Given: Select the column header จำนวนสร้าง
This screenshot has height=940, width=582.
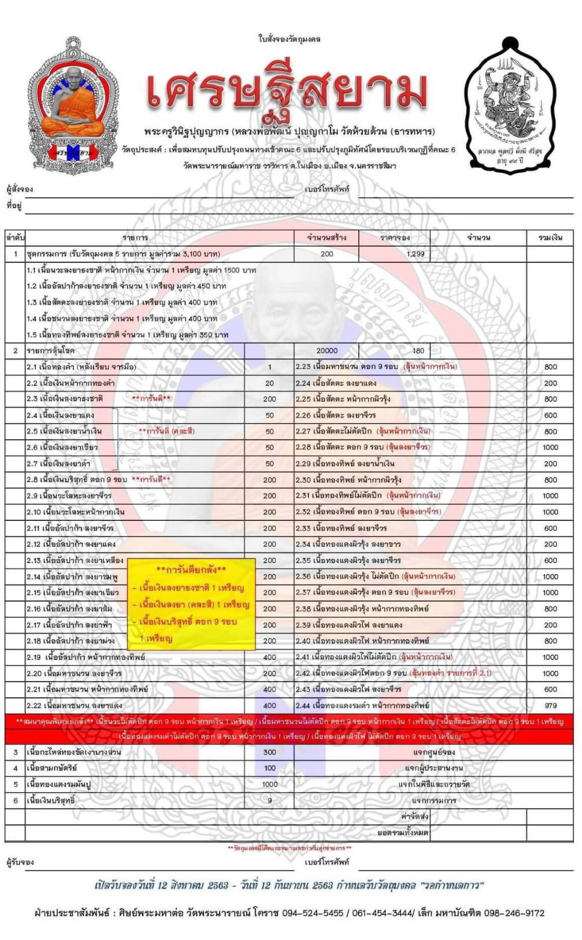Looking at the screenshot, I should tap(327, 238).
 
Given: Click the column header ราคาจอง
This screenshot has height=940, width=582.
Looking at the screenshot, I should tap(395, 238).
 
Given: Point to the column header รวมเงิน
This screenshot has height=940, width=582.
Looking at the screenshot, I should tap(550, 238).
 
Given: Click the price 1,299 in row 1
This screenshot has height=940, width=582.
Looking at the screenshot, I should tap(415, 254).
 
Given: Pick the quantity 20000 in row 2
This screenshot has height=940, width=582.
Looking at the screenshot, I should tap(327, 350).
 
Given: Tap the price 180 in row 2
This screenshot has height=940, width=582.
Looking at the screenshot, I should tap(418, 350).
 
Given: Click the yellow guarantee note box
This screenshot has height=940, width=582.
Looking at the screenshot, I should tap(191, 604).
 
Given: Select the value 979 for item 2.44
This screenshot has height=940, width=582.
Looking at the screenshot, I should tap(550, 705).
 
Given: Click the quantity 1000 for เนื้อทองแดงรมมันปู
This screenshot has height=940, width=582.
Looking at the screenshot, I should tap(269, 784).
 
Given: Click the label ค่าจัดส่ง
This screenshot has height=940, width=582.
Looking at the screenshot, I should tap(414, 816).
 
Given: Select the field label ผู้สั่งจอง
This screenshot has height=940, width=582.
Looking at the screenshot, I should tap(20, 189).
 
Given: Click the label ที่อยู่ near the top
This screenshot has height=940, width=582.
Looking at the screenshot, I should tap(14, 205).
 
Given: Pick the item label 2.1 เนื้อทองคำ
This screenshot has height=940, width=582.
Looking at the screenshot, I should tap(81, 367).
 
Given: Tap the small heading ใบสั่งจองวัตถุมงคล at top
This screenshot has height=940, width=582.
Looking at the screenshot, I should tap(289, 39).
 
